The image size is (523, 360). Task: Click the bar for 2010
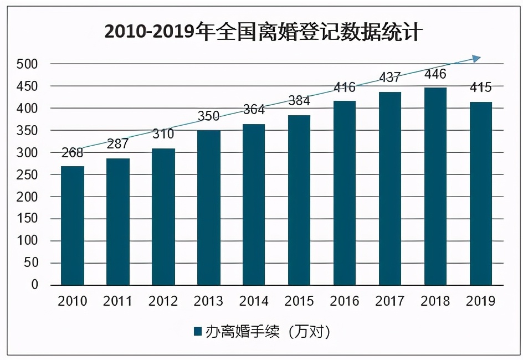click(73, 225)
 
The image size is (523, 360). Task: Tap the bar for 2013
click(208, 208)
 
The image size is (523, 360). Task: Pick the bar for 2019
click(480, 193)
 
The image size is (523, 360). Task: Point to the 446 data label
click(435, 74)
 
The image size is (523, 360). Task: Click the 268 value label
click(73, 153)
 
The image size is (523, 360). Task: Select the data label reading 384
click(299, 101)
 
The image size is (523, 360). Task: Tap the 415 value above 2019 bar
click(480, 88)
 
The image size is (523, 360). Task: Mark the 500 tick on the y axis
click(27, 64)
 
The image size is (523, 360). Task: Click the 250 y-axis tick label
click(27, 174)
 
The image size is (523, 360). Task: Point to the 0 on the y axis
click(34, 285)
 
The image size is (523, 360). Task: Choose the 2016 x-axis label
click(345, 301)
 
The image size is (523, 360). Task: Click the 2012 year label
click(163, 301)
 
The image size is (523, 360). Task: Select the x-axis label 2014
click(254, 301)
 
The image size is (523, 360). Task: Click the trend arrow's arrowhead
click(476, 58)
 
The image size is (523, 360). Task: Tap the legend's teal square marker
click(197, 332)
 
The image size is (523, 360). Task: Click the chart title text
click(264, 32)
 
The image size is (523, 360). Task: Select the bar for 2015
click(299, 200)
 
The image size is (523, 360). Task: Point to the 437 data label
click(390, 78)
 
